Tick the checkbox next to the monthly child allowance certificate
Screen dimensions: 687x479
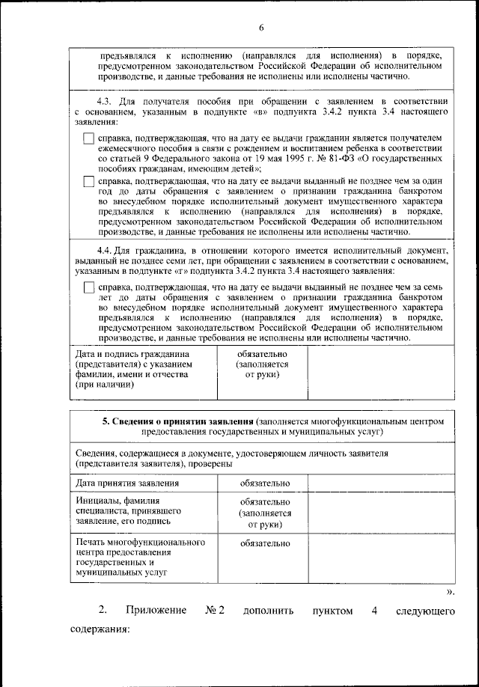click(x=88, y=138)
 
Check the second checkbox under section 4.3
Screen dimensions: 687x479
click(x=88, y=181)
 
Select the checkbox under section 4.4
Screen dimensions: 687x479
click(x=88, y=288)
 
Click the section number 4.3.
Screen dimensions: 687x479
click(x=106, y=100)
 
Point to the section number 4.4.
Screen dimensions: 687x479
click(x=106, y=249)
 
